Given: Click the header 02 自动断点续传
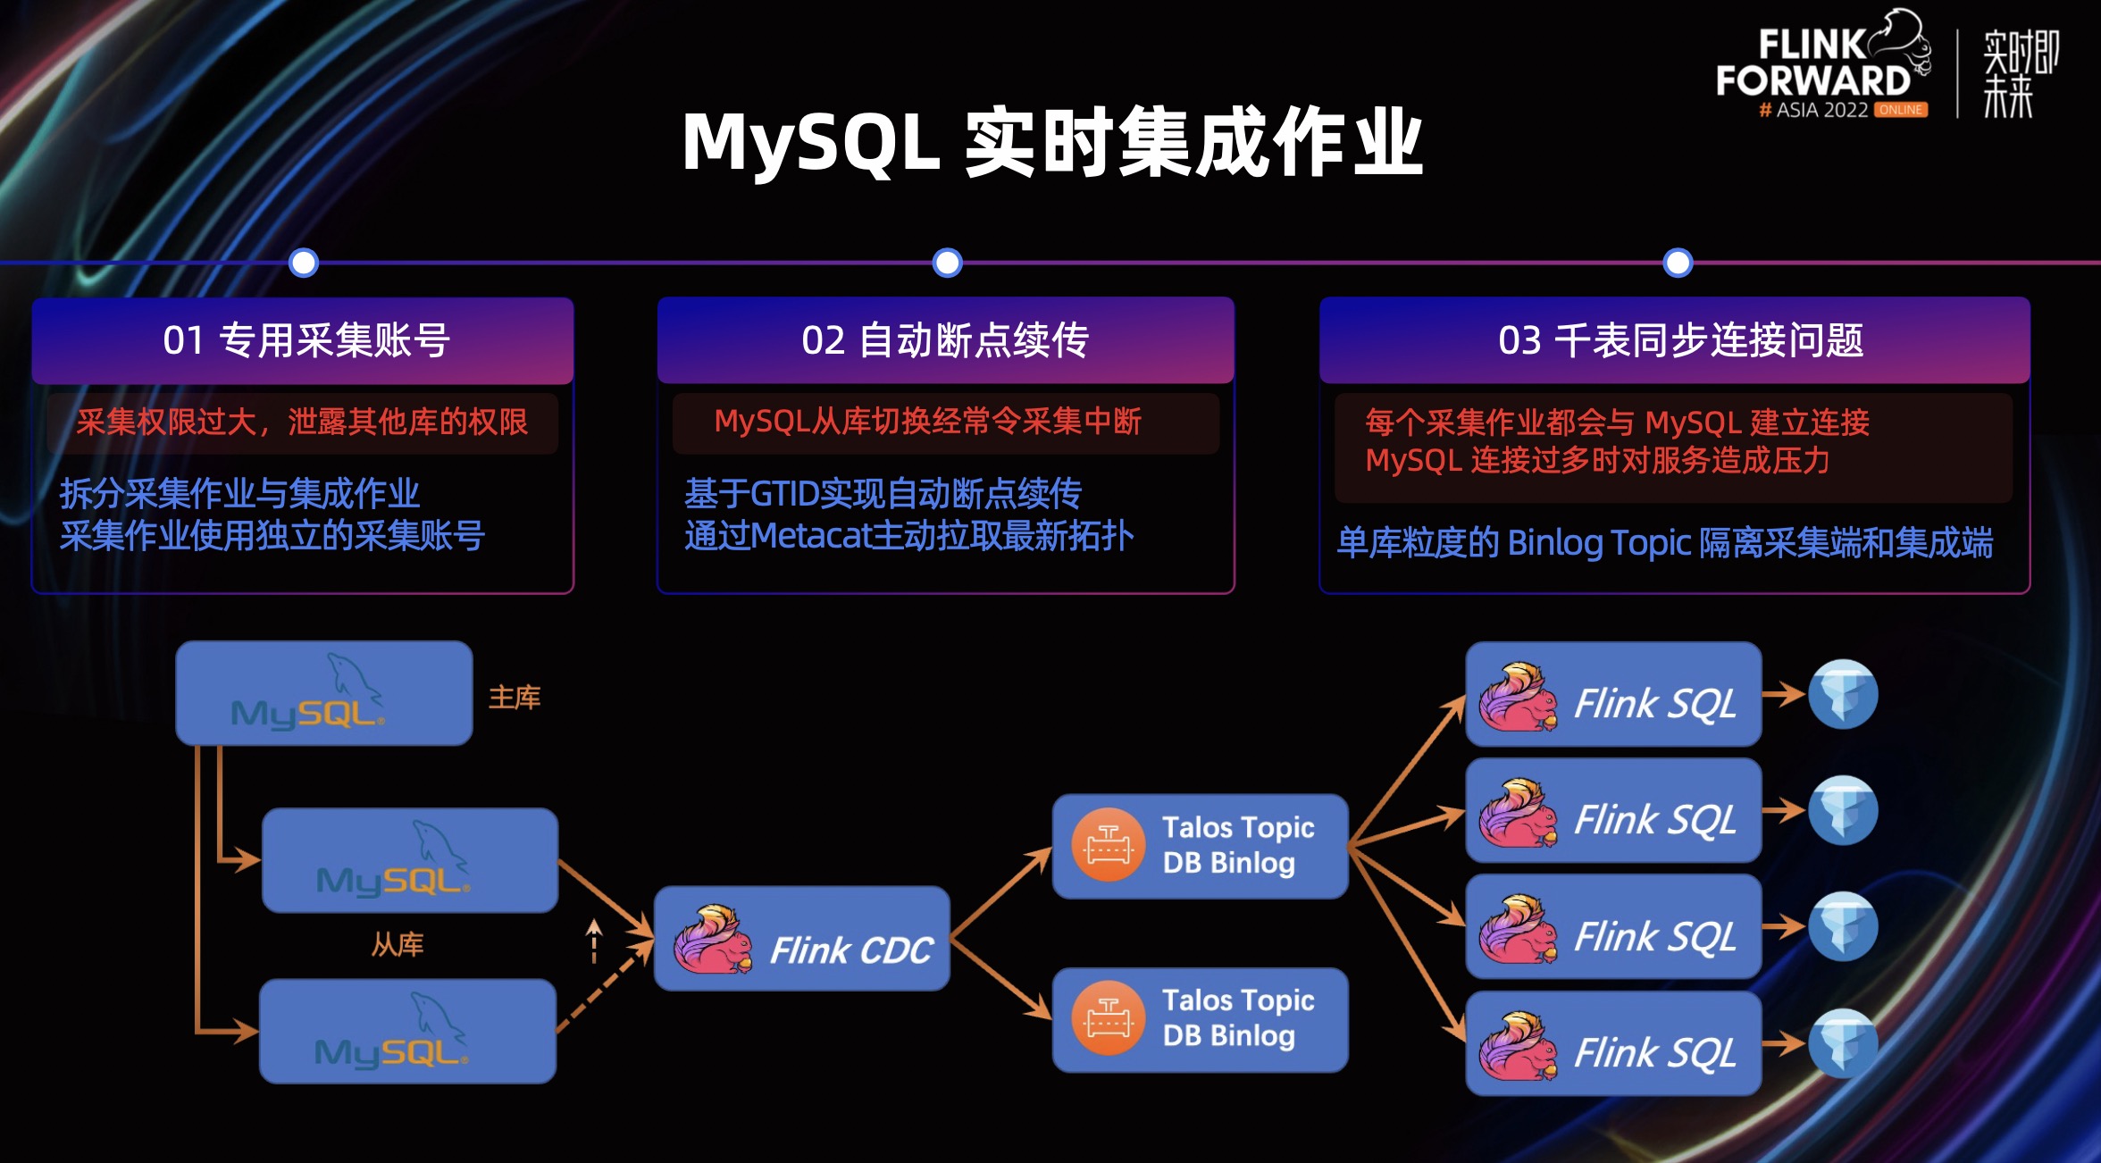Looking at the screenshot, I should click(945, 340).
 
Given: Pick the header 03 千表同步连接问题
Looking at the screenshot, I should click(1679, 340).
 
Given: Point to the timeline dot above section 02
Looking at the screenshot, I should click(947, 263).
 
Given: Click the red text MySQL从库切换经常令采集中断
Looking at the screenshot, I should click(927, 422).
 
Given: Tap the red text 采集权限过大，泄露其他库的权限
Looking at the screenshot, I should click(302, 422).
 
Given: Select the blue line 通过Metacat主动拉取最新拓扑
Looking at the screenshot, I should click(908, 536).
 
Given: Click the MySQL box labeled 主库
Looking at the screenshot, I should click(323, 693).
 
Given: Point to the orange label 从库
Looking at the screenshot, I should click(398, 944).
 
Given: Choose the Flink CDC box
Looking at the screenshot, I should click(801, 939).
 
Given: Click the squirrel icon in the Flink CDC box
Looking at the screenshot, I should click(712, 940).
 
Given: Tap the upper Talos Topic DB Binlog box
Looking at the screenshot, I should click(1200, 846).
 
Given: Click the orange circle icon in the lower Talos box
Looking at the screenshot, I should click(1108, 1018).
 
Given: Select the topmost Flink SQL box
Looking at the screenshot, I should click(1613, 694).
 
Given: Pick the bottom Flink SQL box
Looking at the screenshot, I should click(1613, 1043).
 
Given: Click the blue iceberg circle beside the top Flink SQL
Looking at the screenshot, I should click(1843, 694).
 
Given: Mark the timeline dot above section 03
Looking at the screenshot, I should click(1678, 263).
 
